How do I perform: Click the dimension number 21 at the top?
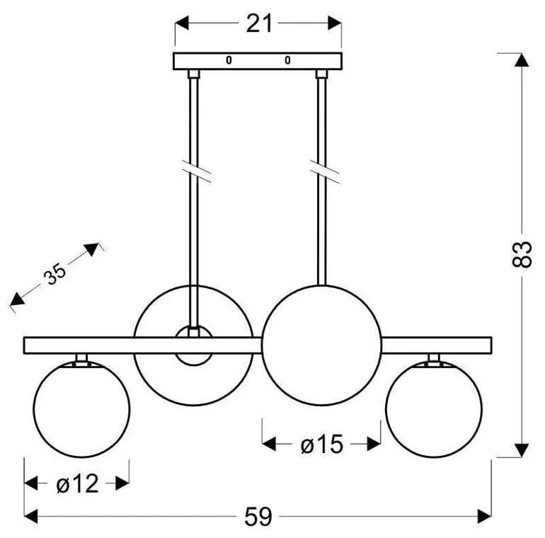[258, 24]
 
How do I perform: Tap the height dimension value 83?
[522, 254]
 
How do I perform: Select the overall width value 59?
[258, 517]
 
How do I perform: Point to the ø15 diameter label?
[322, 444]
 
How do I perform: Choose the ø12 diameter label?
[78, 483]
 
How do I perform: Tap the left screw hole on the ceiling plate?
[229, 60]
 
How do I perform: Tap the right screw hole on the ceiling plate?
[287, 60]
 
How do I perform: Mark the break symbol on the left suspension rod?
[196, 171]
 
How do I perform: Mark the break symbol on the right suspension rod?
[325, 171]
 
